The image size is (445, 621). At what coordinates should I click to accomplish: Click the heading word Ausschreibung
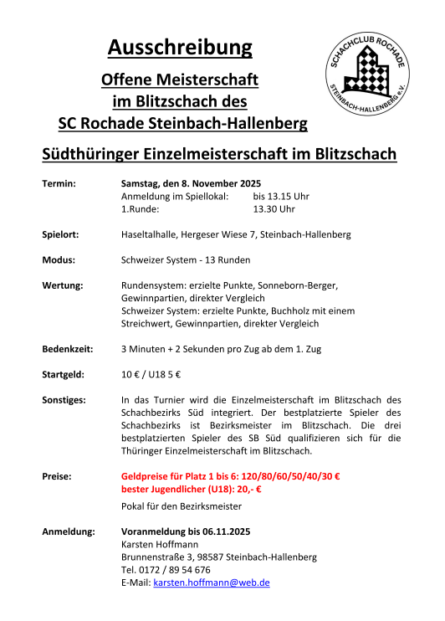click(x=180, y=48)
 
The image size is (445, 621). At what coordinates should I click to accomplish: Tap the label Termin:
click(x=59, y=183)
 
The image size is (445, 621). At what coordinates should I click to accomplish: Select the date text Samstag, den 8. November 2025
click(x=192, y=183)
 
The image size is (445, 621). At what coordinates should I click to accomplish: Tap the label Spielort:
click(x=60, y=234)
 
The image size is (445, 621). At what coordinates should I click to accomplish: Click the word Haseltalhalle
click(x=152, y=234)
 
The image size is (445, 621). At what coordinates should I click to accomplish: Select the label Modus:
click(x=59, y=259)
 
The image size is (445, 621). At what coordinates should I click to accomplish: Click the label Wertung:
click(x=63, y=285)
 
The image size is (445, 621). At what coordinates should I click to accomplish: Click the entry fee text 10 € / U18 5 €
click(x=151, y=374)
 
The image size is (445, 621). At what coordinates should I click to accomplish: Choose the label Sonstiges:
click(x=64, y=400)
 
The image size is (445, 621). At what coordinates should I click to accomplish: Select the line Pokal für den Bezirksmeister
click(x=182, y=506)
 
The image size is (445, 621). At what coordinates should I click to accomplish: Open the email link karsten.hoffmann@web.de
click(x=211, y=582)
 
